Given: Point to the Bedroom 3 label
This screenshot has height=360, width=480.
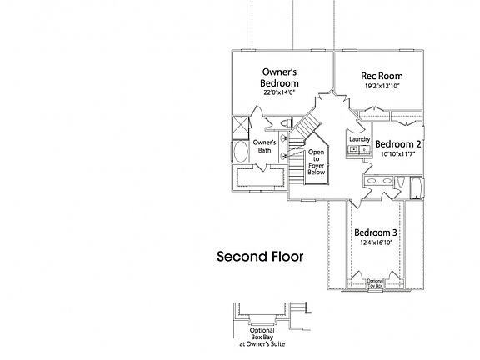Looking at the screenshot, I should pyautogui.click(x=375, y=232).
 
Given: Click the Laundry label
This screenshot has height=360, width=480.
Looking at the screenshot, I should pyautogui.click(x=359, y=139).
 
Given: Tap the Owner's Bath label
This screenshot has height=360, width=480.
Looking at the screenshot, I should pyautogui.click(x=264, y=147).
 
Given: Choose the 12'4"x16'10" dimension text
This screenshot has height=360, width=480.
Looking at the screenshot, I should pyautogui.click(x=375, y=242).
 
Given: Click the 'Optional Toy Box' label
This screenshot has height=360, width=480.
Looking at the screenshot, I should pyautogui.click(x=375, y=283).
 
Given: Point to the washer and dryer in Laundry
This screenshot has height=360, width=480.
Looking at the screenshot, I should pyautogui.click(x=359, y=150).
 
